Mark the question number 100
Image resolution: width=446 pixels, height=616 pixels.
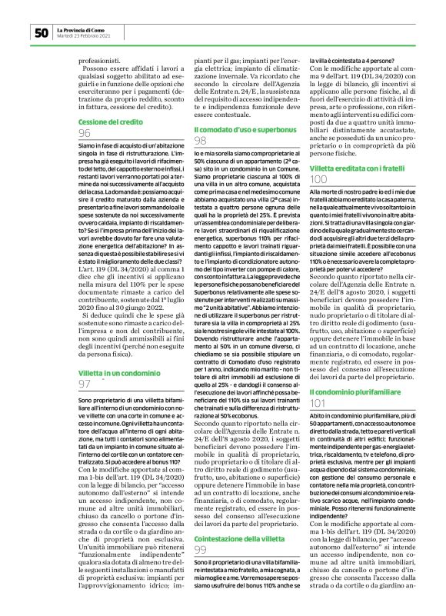[x=318, y=178]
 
